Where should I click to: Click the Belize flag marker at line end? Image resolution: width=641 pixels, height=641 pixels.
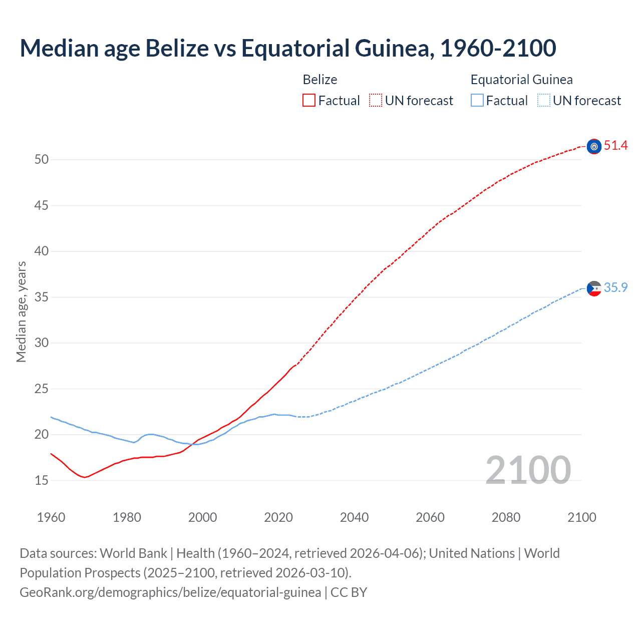(594, 146)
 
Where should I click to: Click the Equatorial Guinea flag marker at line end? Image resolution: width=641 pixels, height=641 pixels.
(594, 288)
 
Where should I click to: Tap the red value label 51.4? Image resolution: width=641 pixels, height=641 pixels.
(615, 146)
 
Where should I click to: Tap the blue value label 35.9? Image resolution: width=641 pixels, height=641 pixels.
(615, 287)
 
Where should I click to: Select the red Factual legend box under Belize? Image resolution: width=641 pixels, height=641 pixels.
(309, 101)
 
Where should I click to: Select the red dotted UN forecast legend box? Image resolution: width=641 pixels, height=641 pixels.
(376, 101)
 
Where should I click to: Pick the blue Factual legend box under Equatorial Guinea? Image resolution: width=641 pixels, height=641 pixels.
(477, 101)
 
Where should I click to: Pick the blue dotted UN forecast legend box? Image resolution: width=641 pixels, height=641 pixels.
(543, 101)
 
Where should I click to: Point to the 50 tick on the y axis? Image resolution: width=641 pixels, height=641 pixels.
(42, 160)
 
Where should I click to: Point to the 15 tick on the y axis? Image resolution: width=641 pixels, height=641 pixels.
(42, 480)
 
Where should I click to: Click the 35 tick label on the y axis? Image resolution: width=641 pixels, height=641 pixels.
(42, 297)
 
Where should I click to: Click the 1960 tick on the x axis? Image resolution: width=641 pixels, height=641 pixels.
(51, 517)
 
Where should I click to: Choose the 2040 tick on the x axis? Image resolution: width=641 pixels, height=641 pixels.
(354, 517)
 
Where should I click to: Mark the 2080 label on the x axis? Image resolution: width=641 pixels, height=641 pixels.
(506, 517)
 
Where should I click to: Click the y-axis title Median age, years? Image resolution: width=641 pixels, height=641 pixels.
(21, 311)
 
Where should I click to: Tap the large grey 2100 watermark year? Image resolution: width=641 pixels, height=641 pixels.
(528, 470)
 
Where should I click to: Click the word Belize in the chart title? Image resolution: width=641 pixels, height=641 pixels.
(177, 48)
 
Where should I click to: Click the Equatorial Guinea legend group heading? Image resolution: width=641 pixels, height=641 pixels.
(521, 80)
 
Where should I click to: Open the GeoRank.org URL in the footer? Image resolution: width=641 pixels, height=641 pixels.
(170, 592)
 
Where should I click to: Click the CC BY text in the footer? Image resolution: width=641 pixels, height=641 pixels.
(349, 592)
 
